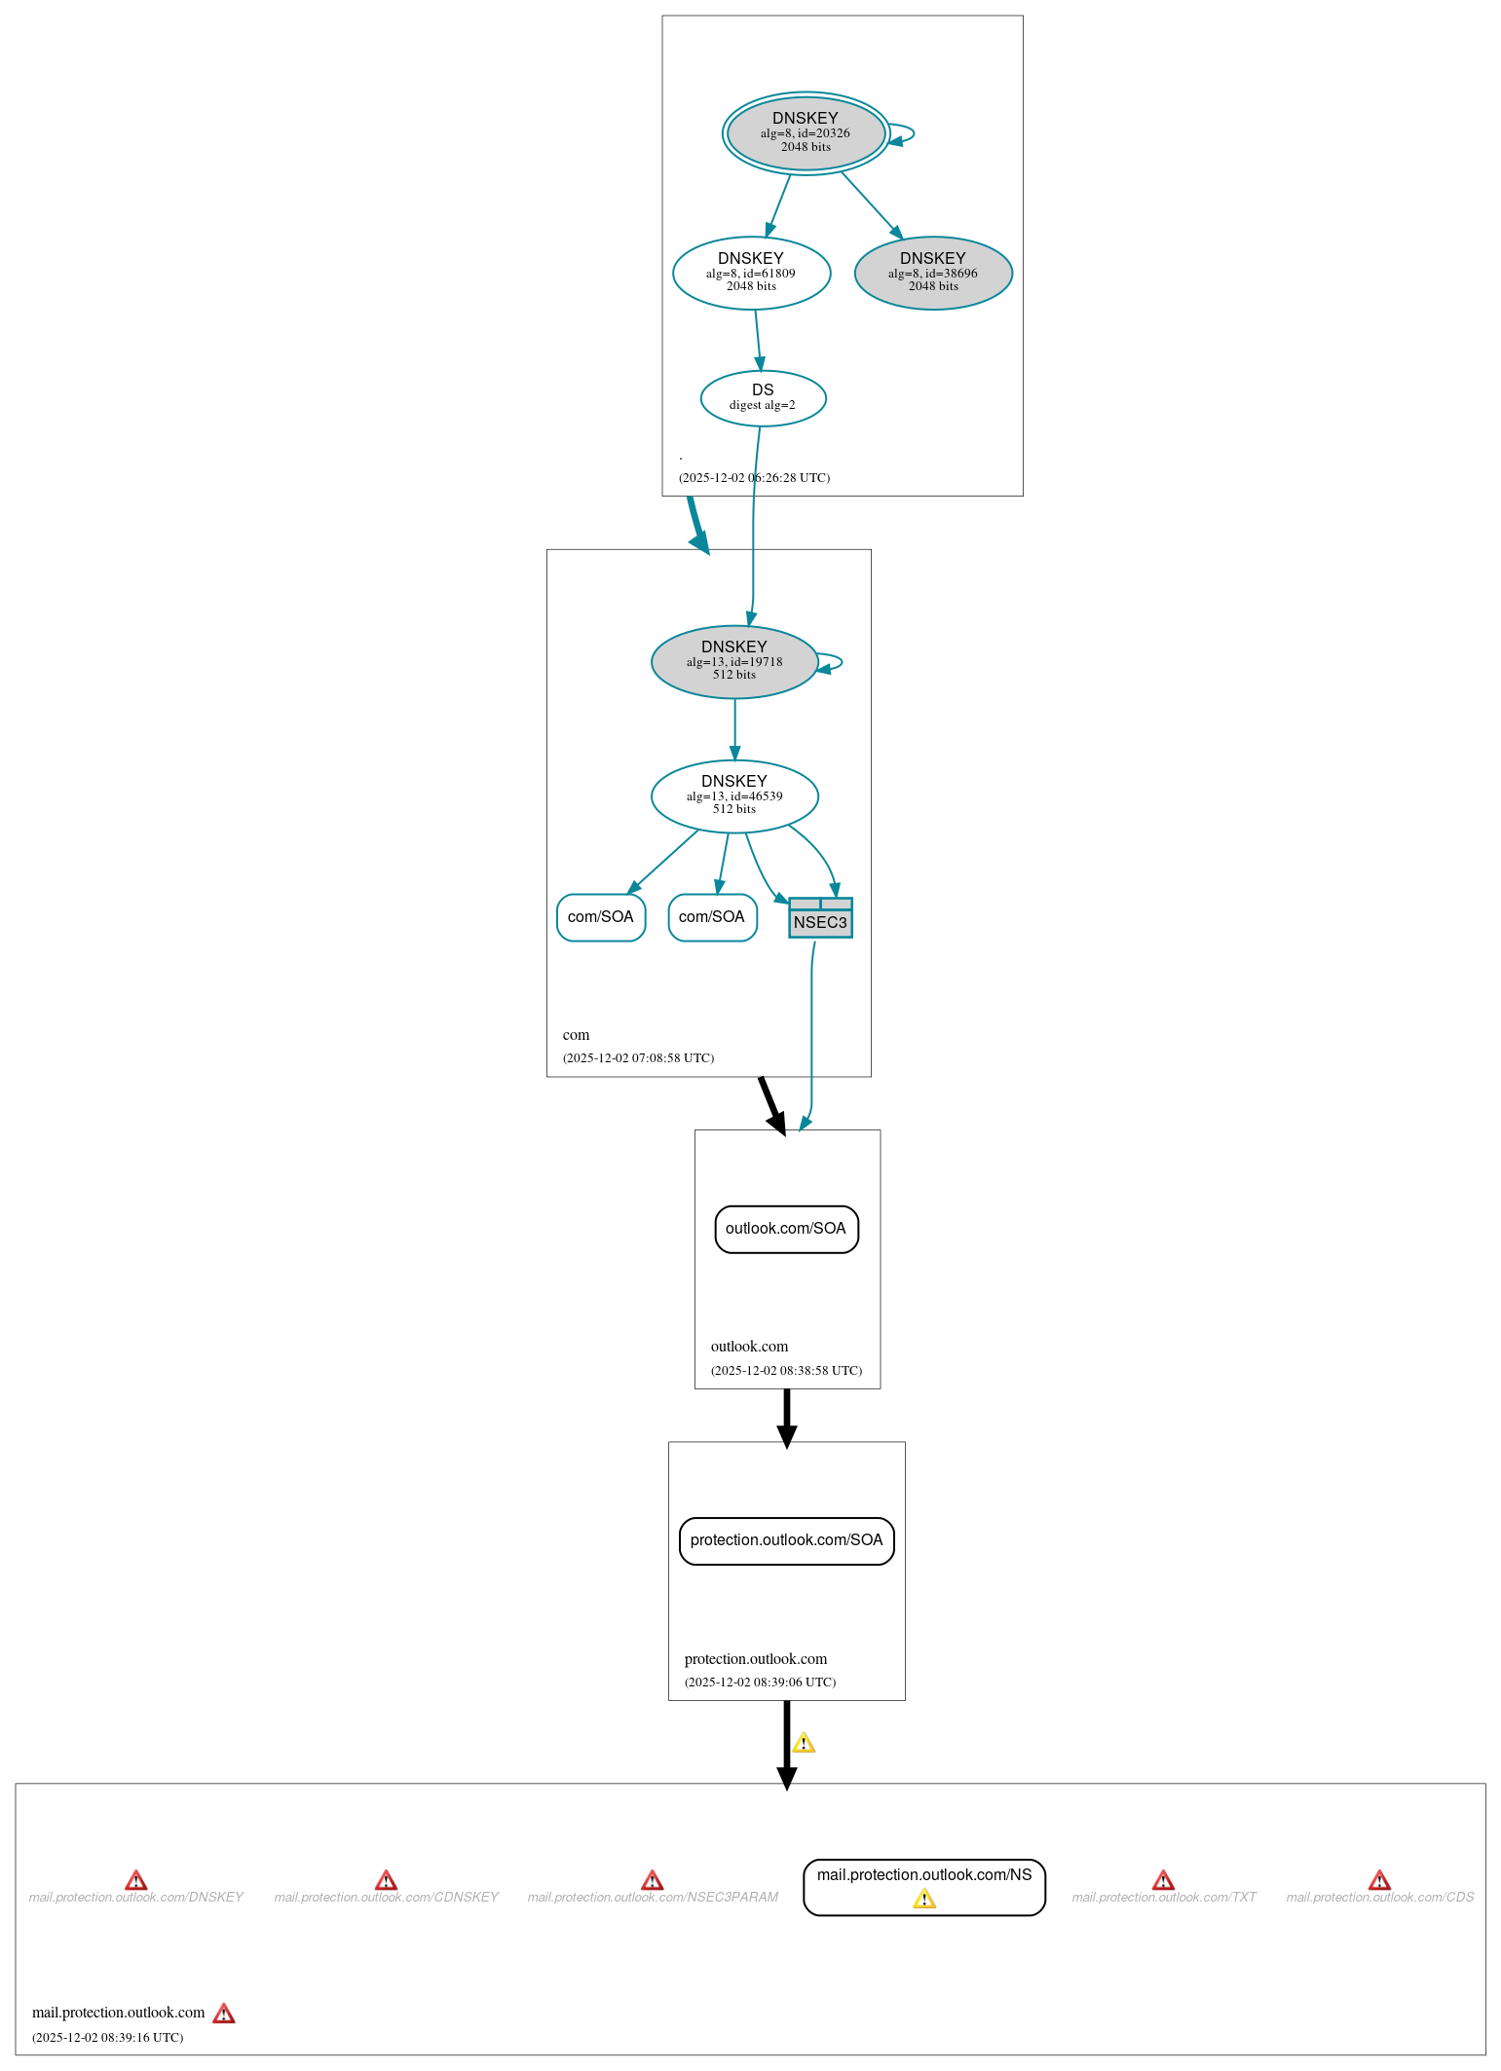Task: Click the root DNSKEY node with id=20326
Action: tap(806, 132)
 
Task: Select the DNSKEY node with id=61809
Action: tap(751, 273)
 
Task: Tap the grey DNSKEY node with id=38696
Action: tap(933, 273)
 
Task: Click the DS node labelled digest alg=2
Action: tap(763, 397)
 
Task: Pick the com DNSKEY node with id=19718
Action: tap(734, 661)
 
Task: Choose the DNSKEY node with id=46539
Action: tap(734, 795)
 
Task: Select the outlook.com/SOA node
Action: tap(786, 1229)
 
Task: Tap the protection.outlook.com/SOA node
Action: tap(786, 1540)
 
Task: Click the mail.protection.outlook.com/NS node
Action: tap(923, 1875)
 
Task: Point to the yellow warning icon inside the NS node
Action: tap(924, 1899)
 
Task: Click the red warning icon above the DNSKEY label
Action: tap(136, 1879)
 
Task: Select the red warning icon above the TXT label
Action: tap(1163, 1879)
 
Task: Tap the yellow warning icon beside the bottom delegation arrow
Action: tap(804, 1743)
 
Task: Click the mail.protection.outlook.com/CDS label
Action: tap(1379, 1897)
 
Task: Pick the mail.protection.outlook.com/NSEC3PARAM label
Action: tap(653, 1897)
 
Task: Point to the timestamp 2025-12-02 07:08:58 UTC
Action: tap(638, 1057)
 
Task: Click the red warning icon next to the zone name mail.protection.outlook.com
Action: tap(224, 2013)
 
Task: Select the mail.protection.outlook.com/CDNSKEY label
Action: tap(386, 1897)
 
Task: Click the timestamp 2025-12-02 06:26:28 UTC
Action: tap(754, 477)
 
